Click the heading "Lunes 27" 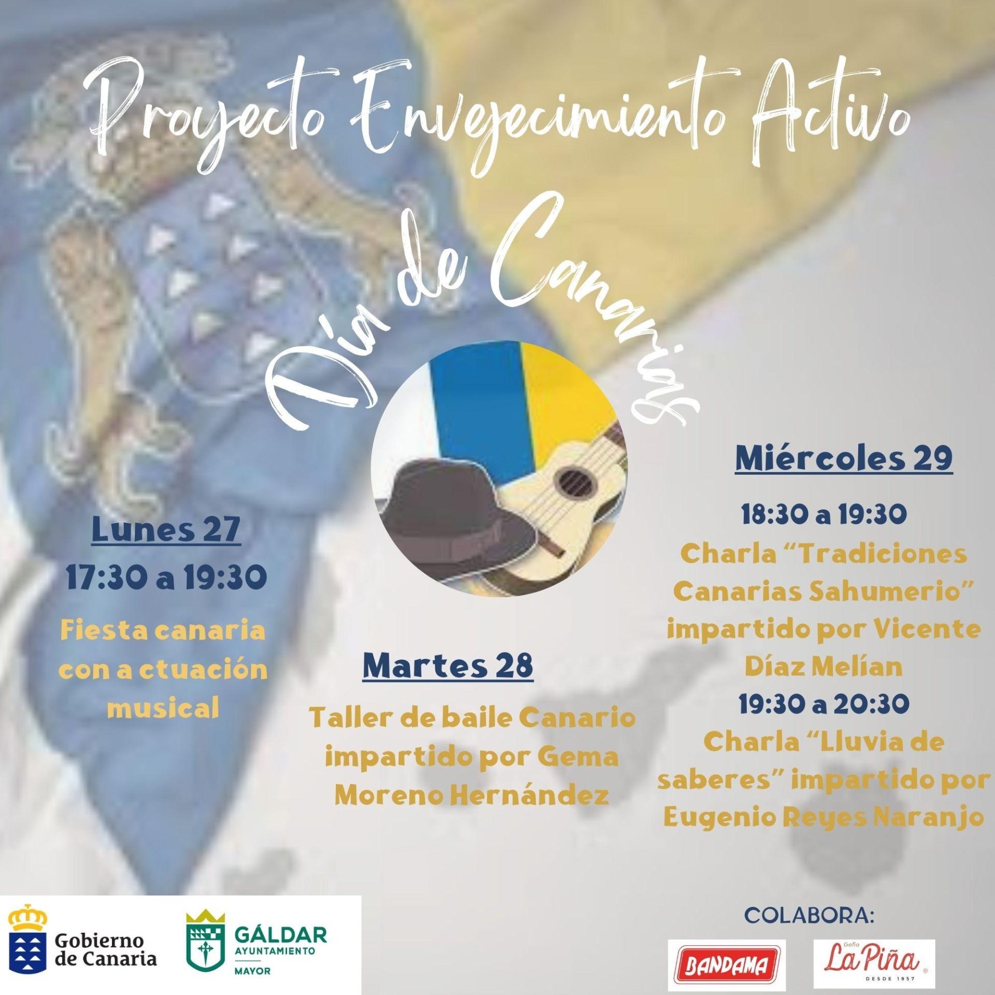pos(166,530)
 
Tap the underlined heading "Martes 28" pos(448,666)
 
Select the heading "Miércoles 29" pos(844,458)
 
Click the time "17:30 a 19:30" pos(166,577)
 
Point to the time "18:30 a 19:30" pos(824,515)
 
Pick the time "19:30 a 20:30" pos(824,704)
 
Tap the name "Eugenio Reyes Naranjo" pos(824,818)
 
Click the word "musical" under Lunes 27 pos(164,707)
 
